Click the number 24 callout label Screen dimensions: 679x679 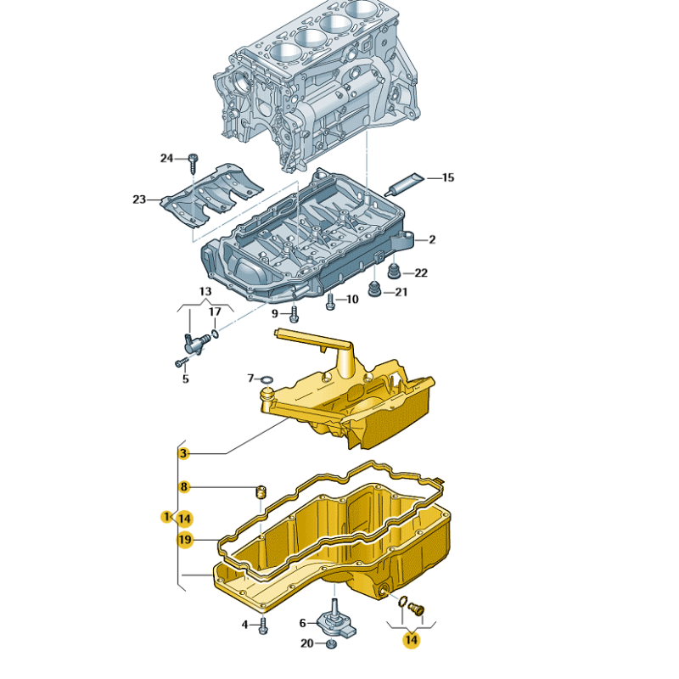[x=166, y=158]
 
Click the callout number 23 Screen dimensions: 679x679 [x=139, y=199]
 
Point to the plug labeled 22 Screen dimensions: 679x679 [x=393, y=272]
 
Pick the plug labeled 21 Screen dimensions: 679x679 [x=373, y=293]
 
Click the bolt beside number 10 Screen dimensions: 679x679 [x=330, y=300]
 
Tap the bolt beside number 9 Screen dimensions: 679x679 [x=294, y=314]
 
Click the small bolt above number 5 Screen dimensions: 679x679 [x=181, y=362]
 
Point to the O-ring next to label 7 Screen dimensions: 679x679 [x=267, y=379]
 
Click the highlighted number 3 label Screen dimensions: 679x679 [x=182, y=454]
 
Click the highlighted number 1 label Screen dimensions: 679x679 [x=166, y=517]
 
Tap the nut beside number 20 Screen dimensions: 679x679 [x=332, y=644]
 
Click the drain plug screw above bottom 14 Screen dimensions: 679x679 [x=417, y=608]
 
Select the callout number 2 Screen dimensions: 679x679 [x=431, y=240]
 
